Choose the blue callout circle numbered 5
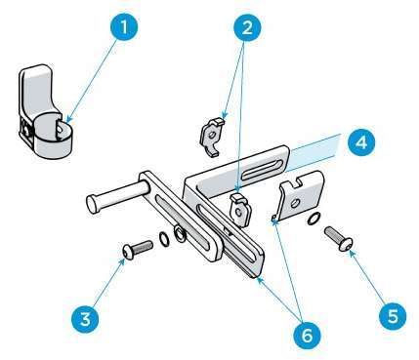click(391, 315)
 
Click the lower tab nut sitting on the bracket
click(239, 209)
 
